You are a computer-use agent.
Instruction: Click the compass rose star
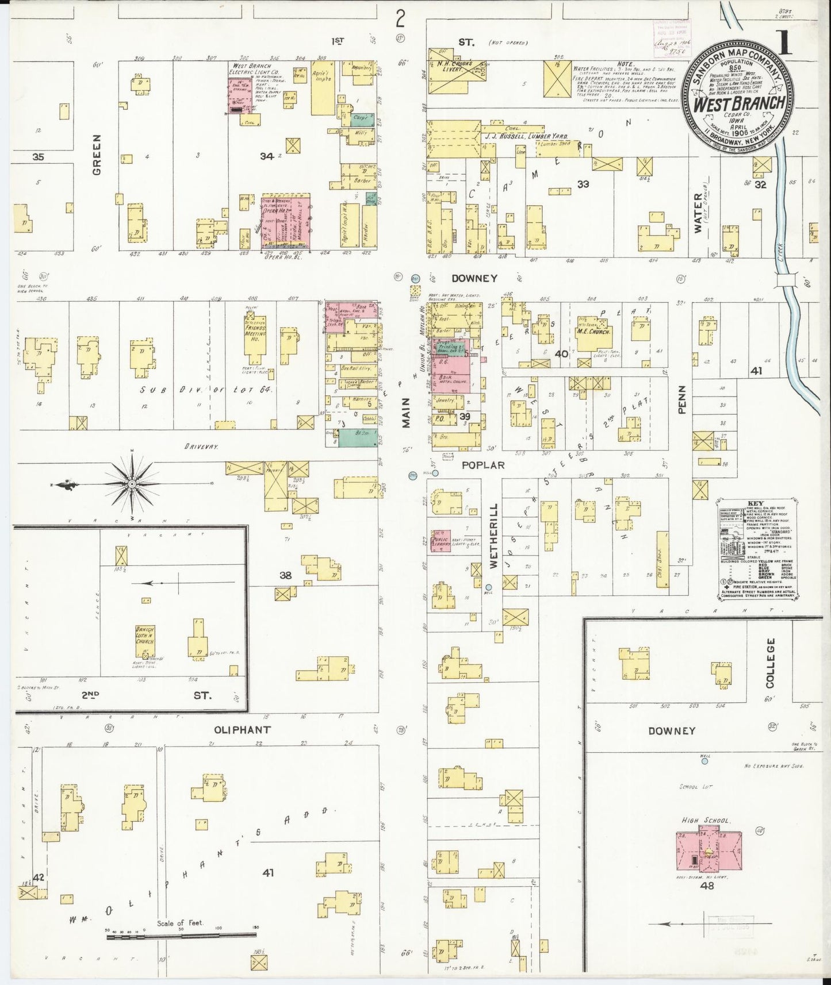coord(132,484)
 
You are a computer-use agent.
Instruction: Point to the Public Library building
coord(442,541)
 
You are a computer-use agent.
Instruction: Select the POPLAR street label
coord(486,465)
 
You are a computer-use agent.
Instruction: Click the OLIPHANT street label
coord(242,730)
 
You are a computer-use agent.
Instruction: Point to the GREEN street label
coord(97,155)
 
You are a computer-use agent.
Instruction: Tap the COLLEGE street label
coord(771,663)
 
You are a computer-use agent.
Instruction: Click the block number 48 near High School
coord(707,902)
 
